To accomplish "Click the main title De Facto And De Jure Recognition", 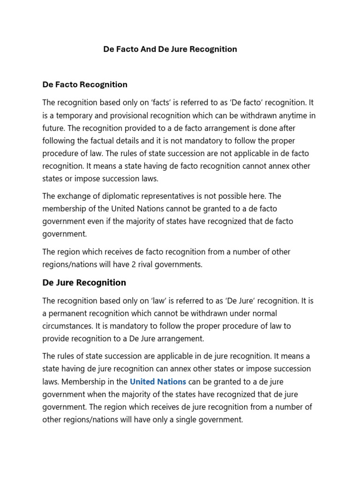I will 170,49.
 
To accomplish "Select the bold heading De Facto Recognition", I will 85,85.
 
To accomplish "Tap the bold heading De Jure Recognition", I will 84,283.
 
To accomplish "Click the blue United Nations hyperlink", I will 158,382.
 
